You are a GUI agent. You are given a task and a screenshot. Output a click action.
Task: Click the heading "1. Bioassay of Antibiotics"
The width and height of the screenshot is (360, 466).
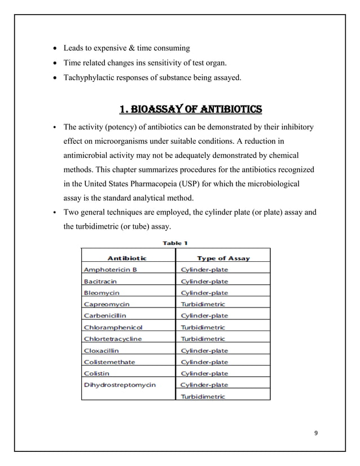183,108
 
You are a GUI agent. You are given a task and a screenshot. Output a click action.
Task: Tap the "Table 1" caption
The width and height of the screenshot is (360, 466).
175,243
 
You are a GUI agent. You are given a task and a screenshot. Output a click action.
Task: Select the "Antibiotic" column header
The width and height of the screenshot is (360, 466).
127,258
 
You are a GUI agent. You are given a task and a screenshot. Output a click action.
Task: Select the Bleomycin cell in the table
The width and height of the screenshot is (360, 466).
101,293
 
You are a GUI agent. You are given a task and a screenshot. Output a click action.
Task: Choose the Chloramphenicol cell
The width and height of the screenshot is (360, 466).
113,327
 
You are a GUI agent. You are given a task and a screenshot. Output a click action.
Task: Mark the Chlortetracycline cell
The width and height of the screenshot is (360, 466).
112,338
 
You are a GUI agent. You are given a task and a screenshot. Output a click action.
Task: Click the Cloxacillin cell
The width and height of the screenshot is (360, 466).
101,350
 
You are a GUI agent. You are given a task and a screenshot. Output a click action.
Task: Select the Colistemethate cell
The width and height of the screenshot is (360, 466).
109,362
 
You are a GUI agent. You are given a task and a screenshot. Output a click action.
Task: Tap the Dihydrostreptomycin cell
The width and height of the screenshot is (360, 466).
119,385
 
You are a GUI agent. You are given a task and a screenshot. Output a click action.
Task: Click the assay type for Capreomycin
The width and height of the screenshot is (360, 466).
202,304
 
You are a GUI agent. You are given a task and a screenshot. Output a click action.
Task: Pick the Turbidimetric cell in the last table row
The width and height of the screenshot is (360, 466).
202,396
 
